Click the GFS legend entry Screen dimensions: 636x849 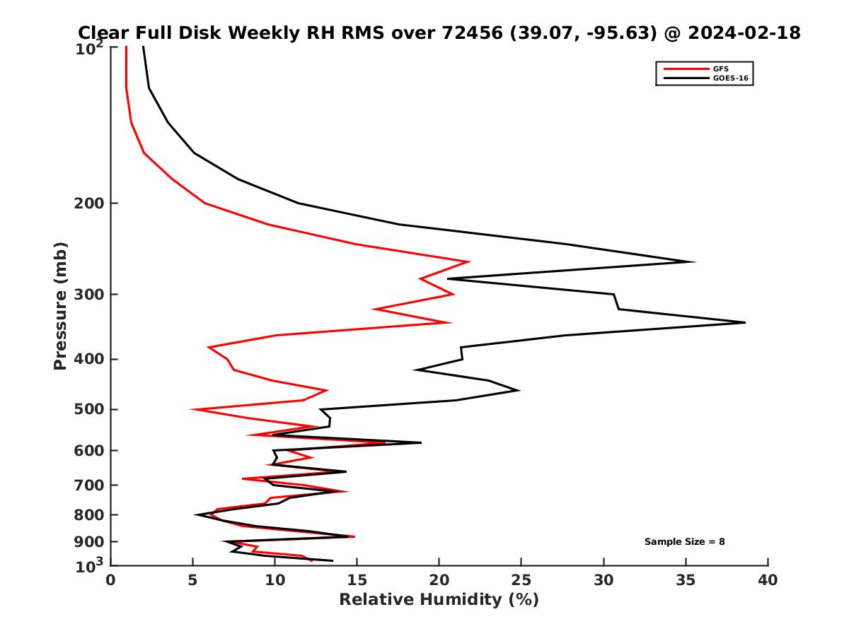coord(721,69)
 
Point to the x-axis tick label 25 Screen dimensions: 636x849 coord(521,580)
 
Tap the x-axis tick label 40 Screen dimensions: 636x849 coord(768,580)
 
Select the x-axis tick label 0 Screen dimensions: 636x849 coord(110,580)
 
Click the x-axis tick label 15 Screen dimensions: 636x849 coord(357,580)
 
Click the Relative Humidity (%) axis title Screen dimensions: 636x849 coord(439,600)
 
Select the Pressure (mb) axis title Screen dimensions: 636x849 coord(60,305)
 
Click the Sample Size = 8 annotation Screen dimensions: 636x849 coord(684,542)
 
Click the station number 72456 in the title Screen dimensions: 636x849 coord(473,33)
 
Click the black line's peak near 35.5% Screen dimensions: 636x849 coord(694,261)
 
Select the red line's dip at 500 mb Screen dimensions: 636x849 coord(192,409)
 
